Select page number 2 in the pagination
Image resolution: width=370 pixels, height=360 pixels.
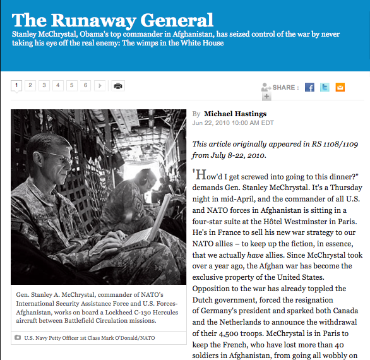(x=30, y=85)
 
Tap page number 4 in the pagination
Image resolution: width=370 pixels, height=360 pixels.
(x=58, y=85)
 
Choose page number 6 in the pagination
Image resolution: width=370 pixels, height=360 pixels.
(x=86, y=85)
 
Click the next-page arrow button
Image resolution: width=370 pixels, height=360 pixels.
(x=100, y=85)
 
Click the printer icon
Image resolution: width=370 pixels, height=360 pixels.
(x=117, y=86)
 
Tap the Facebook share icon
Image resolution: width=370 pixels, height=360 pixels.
(x=309, y=87)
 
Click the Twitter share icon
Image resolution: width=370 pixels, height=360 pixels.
(x=325, y=87)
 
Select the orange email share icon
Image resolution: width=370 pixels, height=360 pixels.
(x=340, y=87)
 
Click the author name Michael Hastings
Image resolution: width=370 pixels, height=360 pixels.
(x=236, y=114)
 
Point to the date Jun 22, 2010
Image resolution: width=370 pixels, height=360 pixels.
(x=213, y=123)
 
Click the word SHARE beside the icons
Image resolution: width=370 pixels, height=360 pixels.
(x=285, y=87)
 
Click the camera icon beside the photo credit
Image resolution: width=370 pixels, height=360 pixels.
(x=17, y=338)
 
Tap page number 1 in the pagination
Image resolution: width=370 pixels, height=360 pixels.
(x=17, y=85)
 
